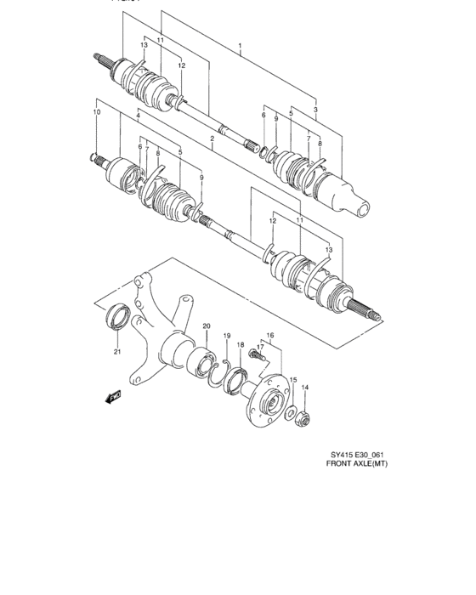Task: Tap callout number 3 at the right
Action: point(315,110)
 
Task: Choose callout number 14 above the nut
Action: point(306,388)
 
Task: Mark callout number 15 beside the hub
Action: point(292,380)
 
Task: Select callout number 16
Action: point(270,337)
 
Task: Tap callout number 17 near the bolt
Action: point(261,346)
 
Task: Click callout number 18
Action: point(241,344)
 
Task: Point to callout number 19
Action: point(227,337)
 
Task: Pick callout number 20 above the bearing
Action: point(206,326)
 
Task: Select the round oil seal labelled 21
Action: point(117,320)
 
